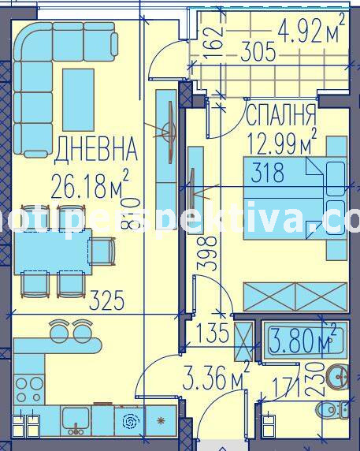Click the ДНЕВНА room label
pos(96,147)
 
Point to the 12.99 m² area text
pos(280,143)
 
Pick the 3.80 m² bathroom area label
pos(302,341)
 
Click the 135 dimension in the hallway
pos(210,334)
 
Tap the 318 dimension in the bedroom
pos(268,173)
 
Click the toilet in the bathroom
pos(332,409)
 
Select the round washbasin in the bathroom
pos(338,378)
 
